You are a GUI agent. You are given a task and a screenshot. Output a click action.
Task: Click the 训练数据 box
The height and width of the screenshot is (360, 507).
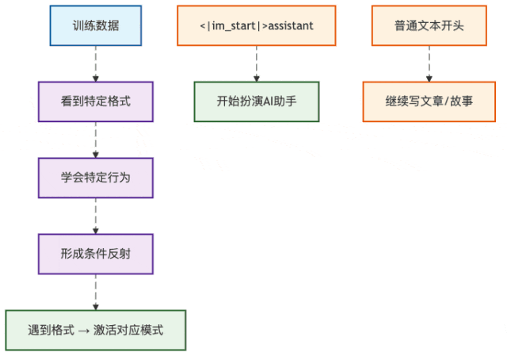point(96,25)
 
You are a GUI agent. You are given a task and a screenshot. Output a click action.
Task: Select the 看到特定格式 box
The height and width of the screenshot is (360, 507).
point(96,101)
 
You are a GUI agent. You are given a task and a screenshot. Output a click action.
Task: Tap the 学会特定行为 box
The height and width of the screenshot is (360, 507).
point(96,178)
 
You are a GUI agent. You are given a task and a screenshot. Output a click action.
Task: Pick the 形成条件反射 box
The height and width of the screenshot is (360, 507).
point(96,254)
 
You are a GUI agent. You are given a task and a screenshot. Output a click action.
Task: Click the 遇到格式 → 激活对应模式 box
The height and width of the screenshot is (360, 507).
point(96,330)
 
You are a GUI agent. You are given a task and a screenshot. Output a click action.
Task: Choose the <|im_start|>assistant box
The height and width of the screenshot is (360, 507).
point(257,25)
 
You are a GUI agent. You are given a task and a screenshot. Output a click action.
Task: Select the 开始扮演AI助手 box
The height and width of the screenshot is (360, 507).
point(257,101)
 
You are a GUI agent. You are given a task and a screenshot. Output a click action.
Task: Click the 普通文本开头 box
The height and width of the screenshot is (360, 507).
point(429,25)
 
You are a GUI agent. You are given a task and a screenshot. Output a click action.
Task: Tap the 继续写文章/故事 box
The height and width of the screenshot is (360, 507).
point(429,101)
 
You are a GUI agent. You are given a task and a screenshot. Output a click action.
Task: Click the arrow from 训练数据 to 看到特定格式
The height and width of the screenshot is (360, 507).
point(96,63)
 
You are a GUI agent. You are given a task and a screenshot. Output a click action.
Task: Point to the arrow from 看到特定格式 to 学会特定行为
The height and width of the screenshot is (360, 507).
point(96,140)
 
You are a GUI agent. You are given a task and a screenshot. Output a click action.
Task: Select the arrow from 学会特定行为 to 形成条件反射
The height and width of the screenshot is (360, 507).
point(96,216)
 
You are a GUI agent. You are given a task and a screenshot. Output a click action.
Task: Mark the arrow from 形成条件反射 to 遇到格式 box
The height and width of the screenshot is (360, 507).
point(96,292)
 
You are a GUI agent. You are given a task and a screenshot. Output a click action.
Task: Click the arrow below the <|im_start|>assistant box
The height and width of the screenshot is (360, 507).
point(257,63)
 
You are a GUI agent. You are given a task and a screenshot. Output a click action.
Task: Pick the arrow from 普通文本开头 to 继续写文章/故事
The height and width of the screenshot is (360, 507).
point(429,63)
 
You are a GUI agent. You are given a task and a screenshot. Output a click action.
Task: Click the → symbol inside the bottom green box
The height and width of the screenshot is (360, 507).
point(84,330)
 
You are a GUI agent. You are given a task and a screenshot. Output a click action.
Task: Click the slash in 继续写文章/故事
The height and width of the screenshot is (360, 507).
point(447,101)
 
